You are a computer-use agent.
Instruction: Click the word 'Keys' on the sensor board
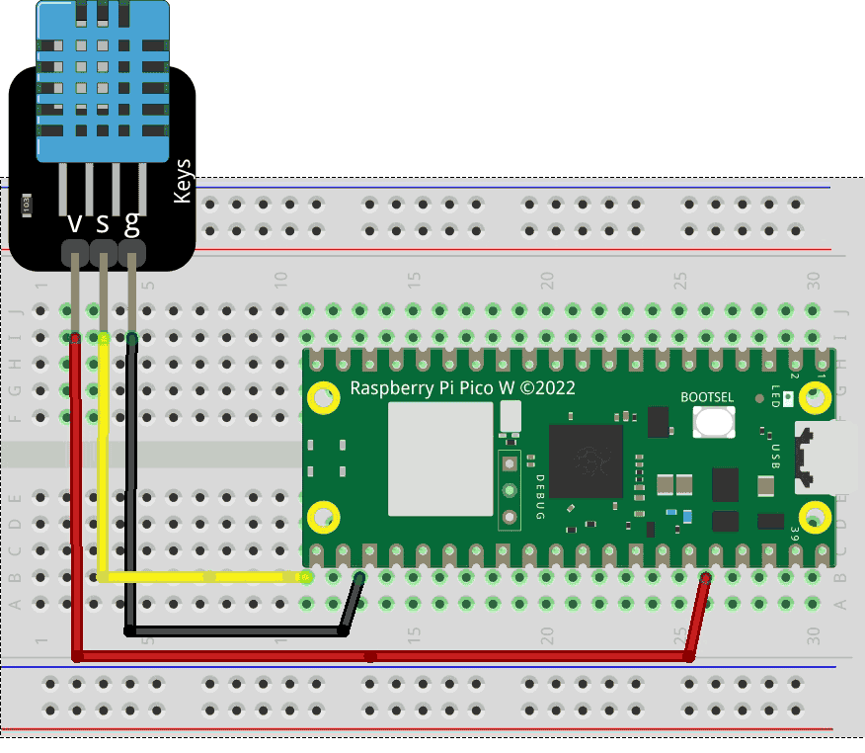[x=182, y=182]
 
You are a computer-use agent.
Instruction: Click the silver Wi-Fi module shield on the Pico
[x=440, y=459]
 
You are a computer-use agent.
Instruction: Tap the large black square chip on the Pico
[x=586, y=460]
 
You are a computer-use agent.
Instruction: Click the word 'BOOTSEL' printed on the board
[x=707, y=397]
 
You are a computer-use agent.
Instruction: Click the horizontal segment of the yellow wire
[x=202, y=576]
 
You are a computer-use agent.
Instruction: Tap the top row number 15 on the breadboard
[x=414, y=281]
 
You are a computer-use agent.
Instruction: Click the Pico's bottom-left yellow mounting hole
[x=323, y=516]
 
